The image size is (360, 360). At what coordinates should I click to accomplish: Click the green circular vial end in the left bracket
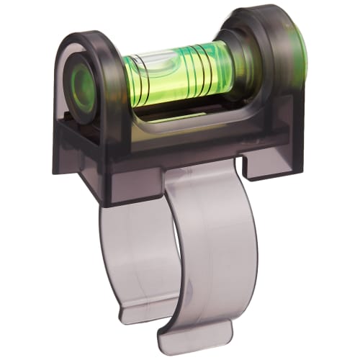tap(84, 86)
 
